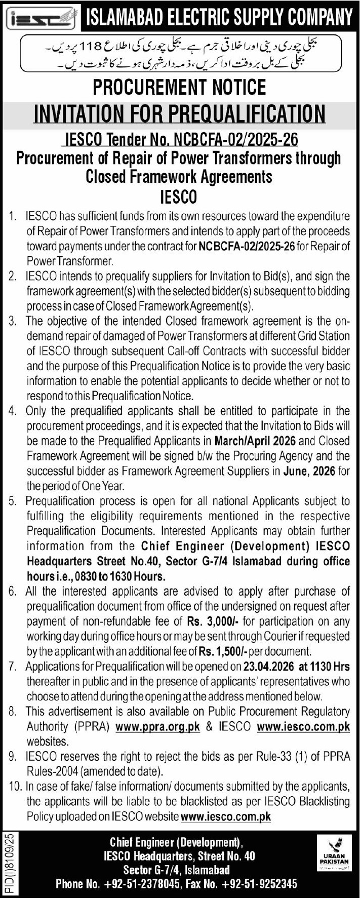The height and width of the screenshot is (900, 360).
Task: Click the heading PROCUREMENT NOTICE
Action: tap(180, 88)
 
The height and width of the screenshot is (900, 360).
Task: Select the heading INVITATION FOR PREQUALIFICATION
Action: tap(180, 113)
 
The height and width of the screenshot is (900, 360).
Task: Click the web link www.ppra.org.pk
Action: tap(158, 726)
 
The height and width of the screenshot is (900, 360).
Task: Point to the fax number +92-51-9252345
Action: tap(265, 884)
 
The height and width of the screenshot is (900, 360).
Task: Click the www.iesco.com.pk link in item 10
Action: tap(226, 816)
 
